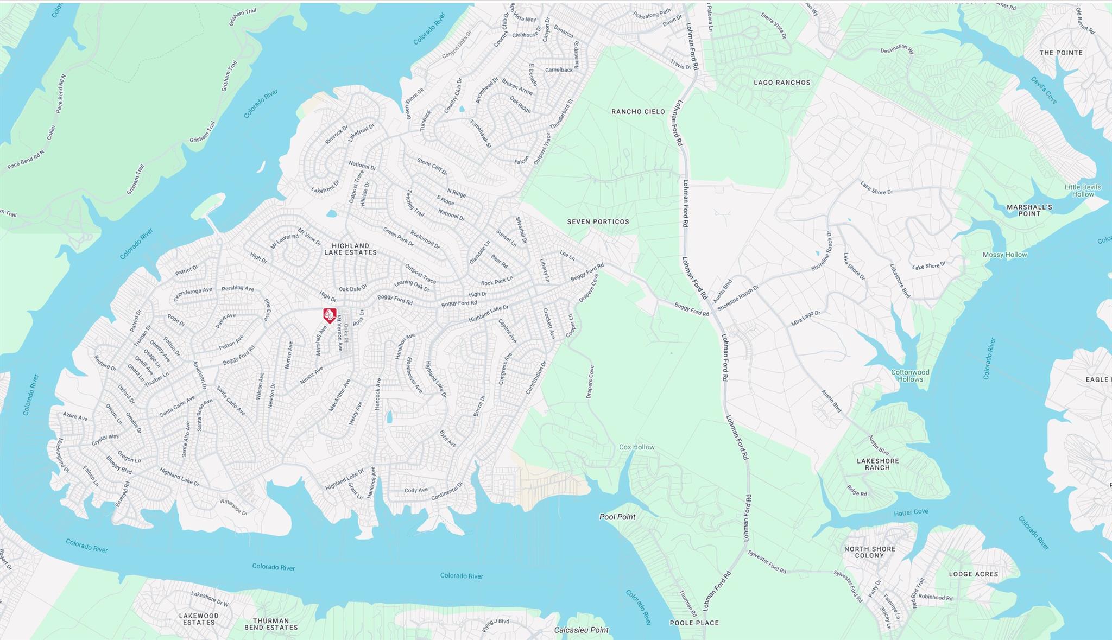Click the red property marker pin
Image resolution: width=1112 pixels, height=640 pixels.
pyautogui.click(x=330, y=315)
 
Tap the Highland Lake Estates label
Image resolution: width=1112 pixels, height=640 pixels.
pyautogui.click(x=350, y=249)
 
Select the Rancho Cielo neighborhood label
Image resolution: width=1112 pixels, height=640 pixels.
pyautogui.click(x=638, y=111)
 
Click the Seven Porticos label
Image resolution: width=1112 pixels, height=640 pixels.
pyautogui.click(x=598, y=221)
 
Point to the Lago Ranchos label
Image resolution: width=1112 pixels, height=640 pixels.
pyautogui.click(x=782, y=83)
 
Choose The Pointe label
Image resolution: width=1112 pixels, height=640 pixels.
pyautogui.click(x=1061, y=53)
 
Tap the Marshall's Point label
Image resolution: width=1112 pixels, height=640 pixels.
pyautogui.click(x=1029, y=211)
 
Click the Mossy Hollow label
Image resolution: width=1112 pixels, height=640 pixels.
pyautogui.click(x=1004, y=255)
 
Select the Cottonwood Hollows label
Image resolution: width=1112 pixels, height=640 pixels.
pyautogui.click(x=910, y=376)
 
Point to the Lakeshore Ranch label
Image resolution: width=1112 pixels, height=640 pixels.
pyautogui.click(x=877, y=464)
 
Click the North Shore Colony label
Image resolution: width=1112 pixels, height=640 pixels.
pyautogui.click(x=869, y=552)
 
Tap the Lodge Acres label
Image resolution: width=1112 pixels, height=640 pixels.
pyautogui.click(x=973, y=574)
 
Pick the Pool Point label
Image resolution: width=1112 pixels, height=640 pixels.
pyautogui.click(x=617, y=517)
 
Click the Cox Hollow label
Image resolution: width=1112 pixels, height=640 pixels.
pyautogui.click(x=636, y=447)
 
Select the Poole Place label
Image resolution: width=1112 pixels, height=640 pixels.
pyautogui.click(x=694, y=623)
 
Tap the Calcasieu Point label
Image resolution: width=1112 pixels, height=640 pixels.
pyautogui.click(x=581, y=630)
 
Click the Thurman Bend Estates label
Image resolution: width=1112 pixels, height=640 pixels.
pyautogui.click(x=270, y=624)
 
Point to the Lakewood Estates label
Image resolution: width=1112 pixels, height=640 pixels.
pyautogui.click(x=199, y=619)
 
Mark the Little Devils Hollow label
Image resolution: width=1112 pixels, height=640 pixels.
pyautogui.click(x=1082, y=191)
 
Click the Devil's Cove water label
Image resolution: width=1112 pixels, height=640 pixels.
pyautogui.click(x=1044, y=90)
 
